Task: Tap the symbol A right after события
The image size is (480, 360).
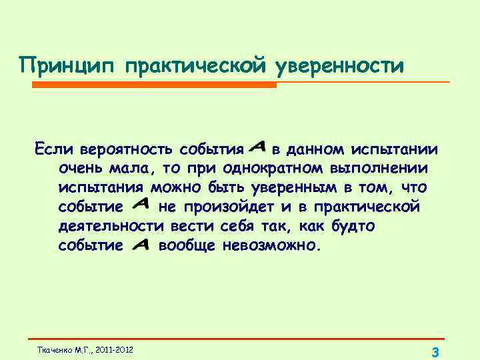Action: (258, 145)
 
